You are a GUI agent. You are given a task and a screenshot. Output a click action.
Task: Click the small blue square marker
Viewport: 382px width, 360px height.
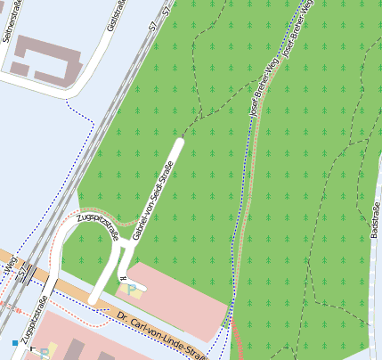coord(15,341)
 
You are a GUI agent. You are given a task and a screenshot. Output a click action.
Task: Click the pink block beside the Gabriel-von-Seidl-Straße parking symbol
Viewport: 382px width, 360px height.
coord(178,294)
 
